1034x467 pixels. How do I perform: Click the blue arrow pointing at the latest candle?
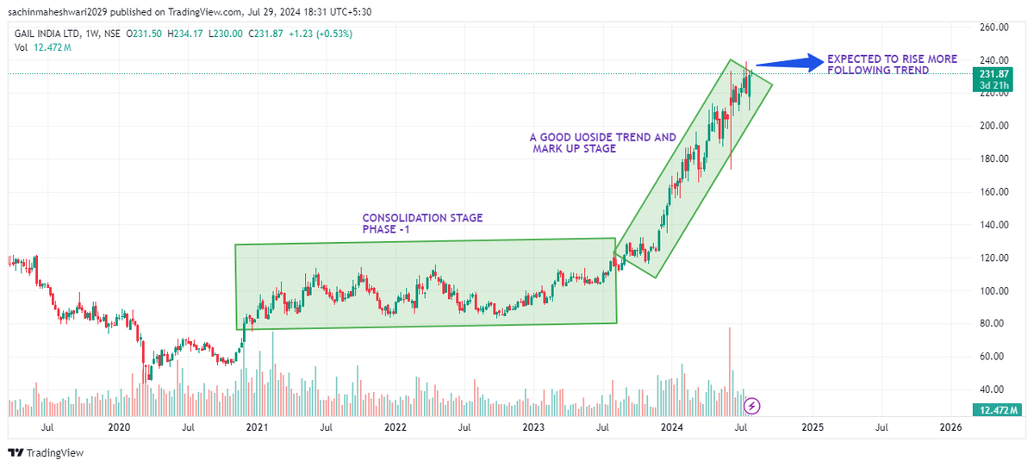point(788,62)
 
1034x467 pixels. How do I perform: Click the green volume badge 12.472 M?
point(996,410)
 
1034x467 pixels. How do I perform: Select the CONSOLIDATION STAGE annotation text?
point(422,218)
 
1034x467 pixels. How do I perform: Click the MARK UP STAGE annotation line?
point(575,149)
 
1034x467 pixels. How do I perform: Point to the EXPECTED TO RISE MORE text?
point(891,59)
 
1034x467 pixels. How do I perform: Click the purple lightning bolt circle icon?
point(752,405)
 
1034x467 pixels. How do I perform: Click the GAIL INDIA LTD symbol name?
point(46,34)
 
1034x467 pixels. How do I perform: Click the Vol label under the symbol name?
point(20,47)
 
